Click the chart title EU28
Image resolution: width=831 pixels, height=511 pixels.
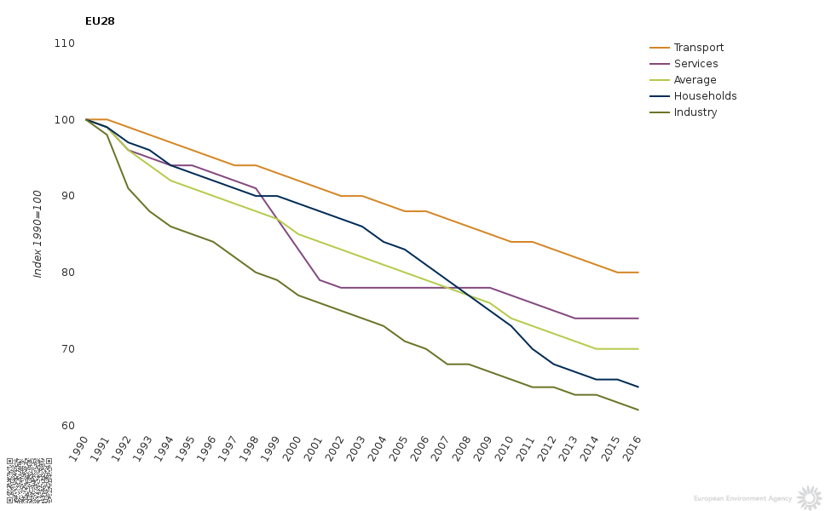pyautogui.click(x=100, y=21)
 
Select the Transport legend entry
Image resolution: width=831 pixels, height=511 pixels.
pyautogui.click(x=698, y=48)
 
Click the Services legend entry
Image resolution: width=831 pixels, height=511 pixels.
pyautogui.click(x=695, y=64)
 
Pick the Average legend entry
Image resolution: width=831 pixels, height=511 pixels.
pyautogui.click(x=695, y=80)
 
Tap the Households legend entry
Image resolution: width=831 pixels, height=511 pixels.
pyautogui.click(x=705, y=96)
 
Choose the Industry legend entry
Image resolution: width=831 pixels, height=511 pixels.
pyautogui.click(x=695, y=112)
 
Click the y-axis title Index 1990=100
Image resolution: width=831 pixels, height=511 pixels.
pyautogui.click(x=38, y=234)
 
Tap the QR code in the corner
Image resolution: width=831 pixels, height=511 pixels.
pyautogui.click(x=29, y=479)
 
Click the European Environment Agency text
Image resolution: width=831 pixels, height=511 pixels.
pyautogui.click(x=742, y=498)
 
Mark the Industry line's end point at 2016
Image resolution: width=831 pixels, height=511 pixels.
pyautogui.click(x=638, y=411)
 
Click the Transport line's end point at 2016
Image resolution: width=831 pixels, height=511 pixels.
pyautogui.click(x=638, y=273)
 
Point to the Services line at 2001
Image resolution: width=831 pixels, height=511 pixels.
pyautogui.click(x=320, y=280)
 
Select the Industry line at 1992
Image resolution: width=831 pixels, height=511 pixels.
pyautogui.click(x=128, y=188)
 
